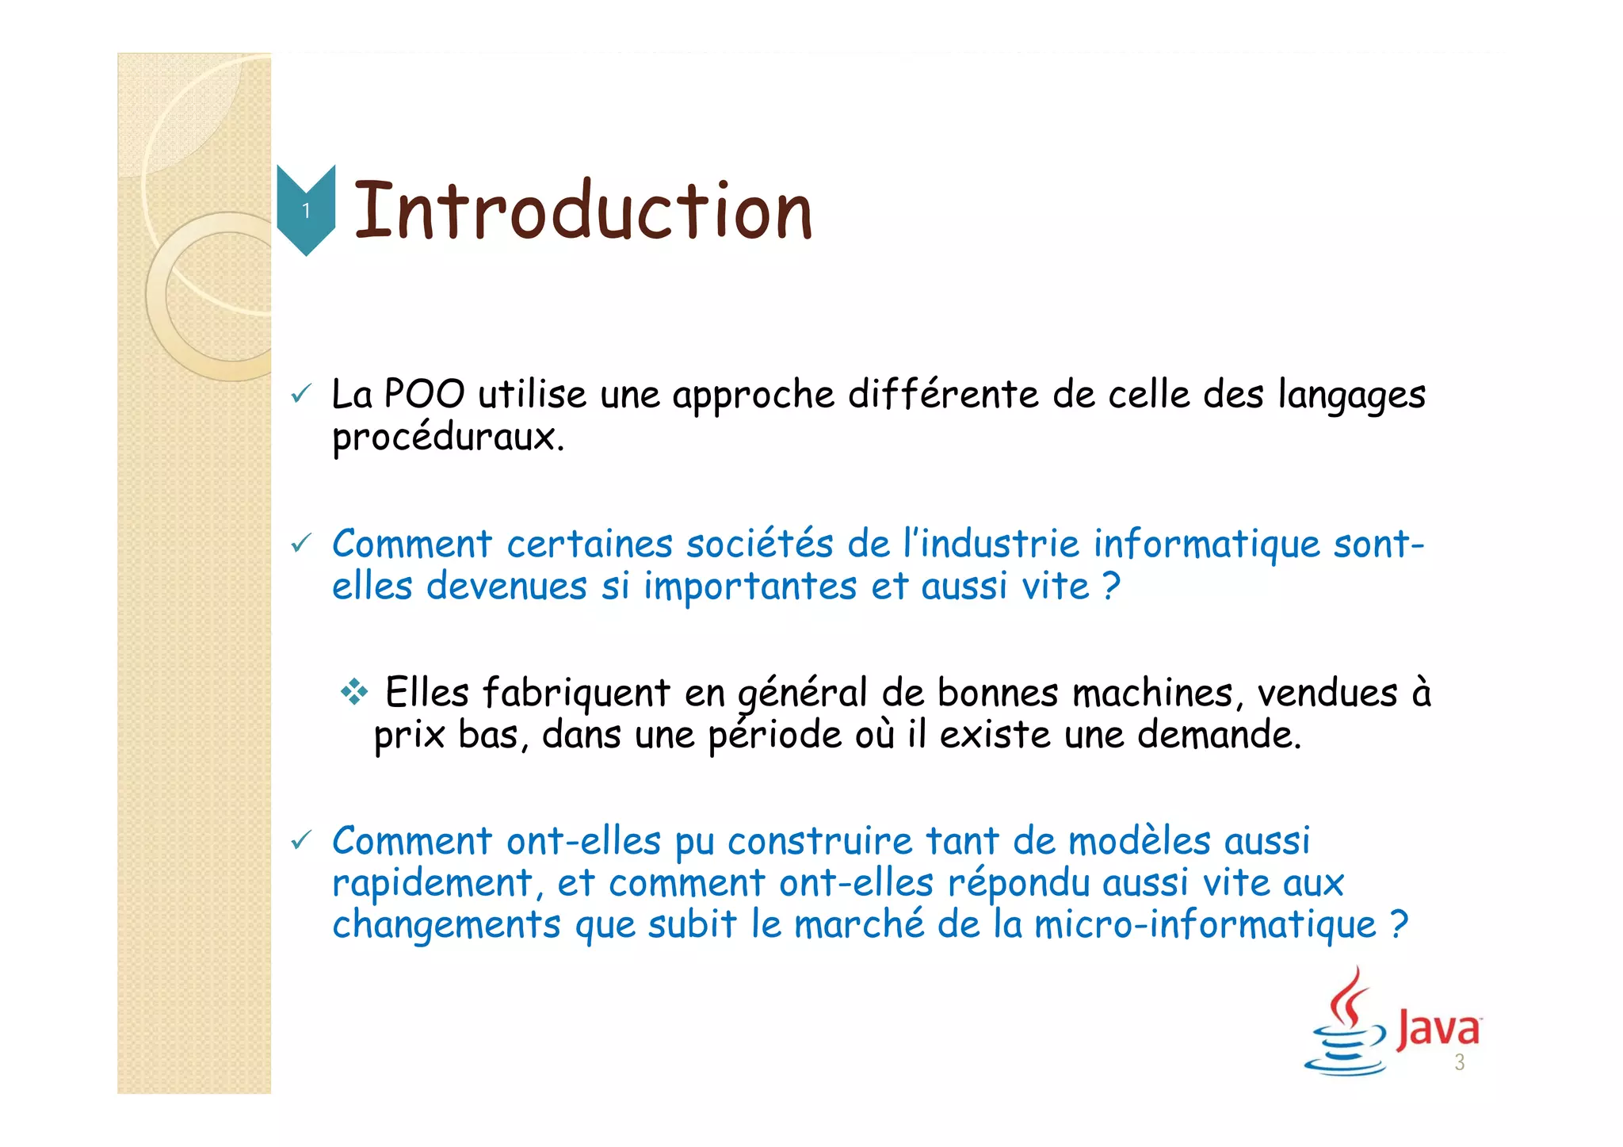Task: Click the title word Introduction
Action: coord(583,210)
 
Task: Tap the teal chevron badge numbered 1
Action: coord(306,210)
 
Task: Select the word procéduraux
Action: coord(448,437)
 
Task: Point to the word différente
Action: coord(943,394)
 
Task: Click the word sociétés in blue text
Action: coord(759,544)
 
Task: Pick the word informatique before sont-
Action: coord(1206,544)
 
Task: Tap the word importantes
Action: coord(750,587)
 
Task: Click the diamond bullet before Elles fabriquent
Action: coord(354,693)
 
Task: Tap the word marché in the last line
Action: coord(859,925)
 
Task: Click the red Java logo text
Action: coord(1438,1029)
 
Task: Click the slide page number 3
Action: coord(1459,1063)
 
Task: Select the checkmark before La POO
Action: coord(301,394)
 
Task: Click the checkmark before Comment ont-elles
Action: coord(301,840)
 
